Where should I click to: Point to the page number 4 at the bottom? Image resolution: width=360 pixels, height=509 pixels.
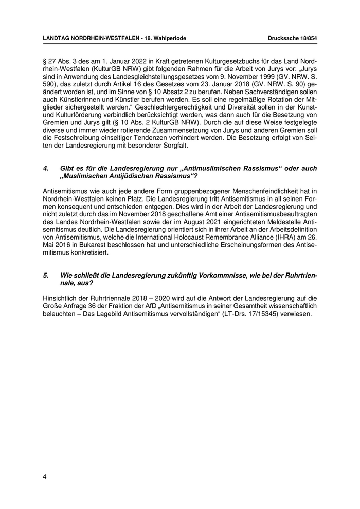45,476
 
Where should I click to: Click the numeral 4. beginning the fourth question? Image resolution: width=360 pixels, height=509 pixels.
46,168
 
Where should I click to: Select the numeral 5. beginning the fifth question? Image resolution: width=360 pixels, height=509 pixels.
46,276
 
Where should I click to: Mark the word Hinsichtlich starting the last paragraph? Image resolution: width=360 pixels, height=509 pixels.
61,298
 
